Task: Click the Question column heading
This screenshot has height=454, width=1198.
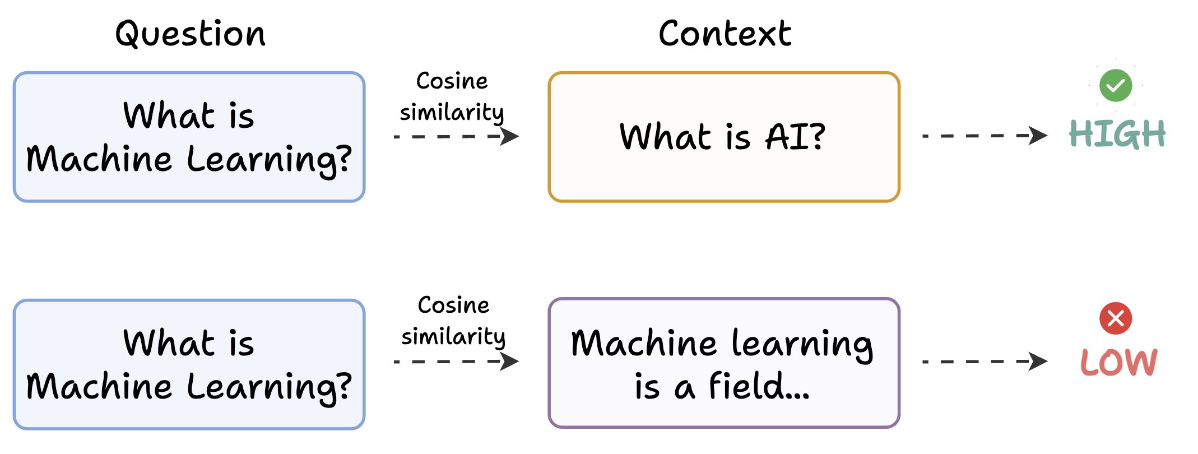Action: point(190,34)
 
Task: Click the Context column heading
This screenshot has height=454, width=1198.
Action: point(725,34)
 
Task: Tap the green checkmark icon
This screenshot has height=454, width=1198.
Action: point(1115,85)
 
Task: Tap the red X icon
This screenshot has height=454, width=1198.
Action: point(1115,318)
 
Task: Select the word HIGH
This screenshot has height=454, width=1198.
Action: point(1117,134)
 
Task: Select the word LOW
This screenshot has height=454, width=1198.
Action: point(1118,362)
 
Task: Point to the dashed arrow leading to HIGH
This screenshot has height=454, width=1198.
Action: point(984,136)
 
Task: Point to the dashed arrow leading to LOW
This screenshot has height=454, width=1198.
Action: point(984,362)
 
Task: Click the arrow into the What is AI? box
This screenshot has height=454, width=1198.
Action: point(456,136)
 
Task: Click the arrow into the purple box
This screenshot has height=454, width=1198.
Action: point(456,362)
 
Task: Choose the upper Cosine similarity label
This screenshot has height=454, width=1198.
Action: point(452,96)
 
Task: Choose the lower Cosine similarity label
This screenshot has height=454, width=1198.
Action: point(453,321)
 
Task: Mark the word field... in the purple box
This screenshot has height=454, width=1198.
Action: point(759,387)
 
